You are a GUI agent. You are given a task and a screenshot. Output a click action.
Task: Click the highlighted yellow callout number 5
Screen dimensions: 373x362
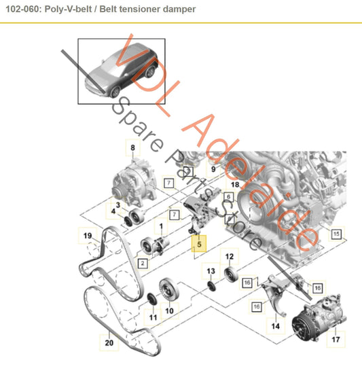199,241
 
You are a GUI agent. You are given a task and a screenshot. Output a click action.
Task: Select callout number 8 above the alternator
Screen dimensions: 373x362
132,147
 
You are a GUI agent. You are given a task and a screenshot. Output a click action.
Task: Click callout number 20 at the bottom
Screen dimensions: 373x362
109,344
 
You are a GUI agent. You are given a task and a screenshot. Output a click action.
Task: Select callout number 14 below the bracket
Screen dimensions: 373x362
275,326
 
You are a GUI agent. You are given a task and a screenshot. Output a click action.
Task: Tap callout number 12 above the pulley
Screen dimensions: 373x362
230,257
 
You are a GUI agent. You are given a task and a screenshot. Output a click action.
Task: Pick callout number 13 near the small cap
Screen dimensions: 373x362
211,272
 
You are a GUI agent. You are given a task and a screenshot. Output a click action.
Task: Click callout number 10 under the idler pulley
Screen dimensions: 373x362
169,311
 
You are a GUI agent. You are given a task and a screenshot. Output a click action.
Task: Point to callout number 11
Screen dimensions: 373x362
153,317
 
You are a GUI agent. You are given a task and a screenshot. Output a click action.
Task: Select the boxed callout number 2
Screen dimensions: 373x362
143,262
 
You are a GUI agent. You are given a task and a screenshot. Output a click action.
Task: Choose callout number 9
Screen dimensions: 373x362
213,168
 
